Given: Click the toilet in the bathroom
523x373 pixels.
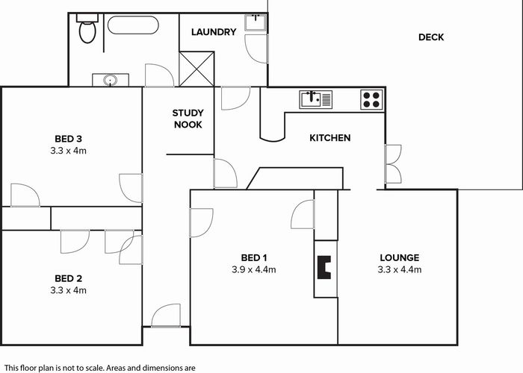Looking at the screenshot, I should click(87, 31).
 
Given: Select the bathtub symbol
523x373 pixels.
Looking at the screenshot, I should click(132, 25).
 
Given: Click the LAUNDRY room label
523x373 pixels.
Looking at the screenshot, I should click(214, 32).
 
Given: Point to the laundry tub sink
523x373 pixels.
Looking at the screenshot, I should click(256, 22).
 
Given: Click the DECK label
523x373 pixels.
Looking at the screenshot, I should click(431, 37).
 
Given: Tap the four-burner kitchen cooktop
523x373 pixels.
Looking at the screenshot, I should click(371, 98).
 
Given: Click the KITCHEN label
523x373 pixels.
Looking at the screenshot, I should click(329, 138).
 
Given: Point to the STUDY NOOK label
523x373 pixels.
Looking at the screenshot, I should click(188, 119).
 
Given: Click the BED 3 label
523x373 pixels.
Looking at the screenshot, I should click(68, 138).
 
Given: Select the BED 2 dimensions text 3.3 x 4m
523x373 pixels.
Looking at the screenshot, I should click(68, 290).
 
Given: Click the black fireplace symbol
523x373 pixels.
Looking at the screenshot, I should click(324, 267).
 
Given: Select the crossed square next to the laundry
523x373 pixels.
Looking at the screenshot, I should click(196, 69).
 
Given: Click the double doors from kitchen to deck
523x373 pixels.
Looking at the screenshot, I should click(392, 165).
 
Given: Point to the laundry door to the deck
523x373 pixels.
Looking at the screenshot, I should click(257, 48).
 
